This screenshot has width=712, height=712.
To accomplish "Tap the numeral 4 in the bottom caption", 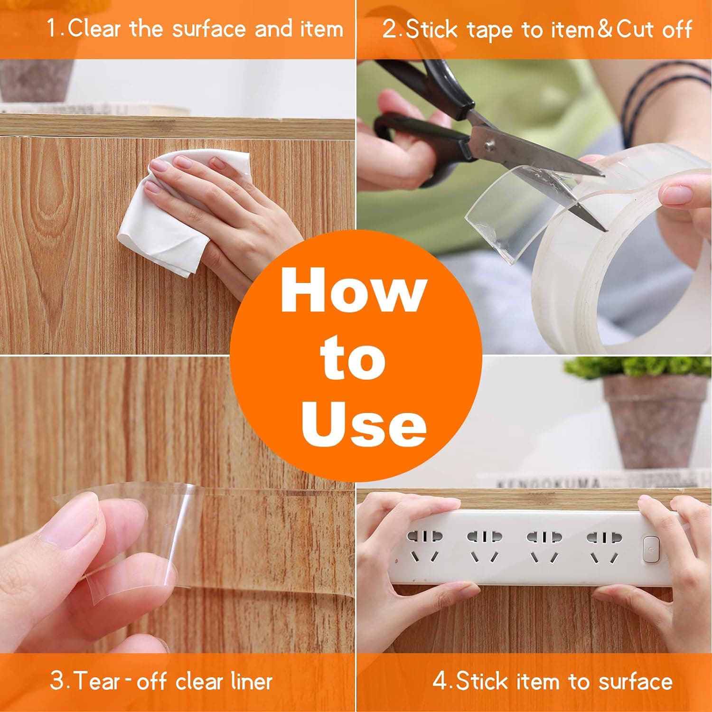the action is (440, 682).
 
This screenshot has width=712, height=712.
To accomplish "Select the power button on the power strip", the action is (649, 547).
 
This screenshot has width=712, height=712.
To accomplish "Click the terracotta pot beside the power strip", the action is (655, 422).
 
